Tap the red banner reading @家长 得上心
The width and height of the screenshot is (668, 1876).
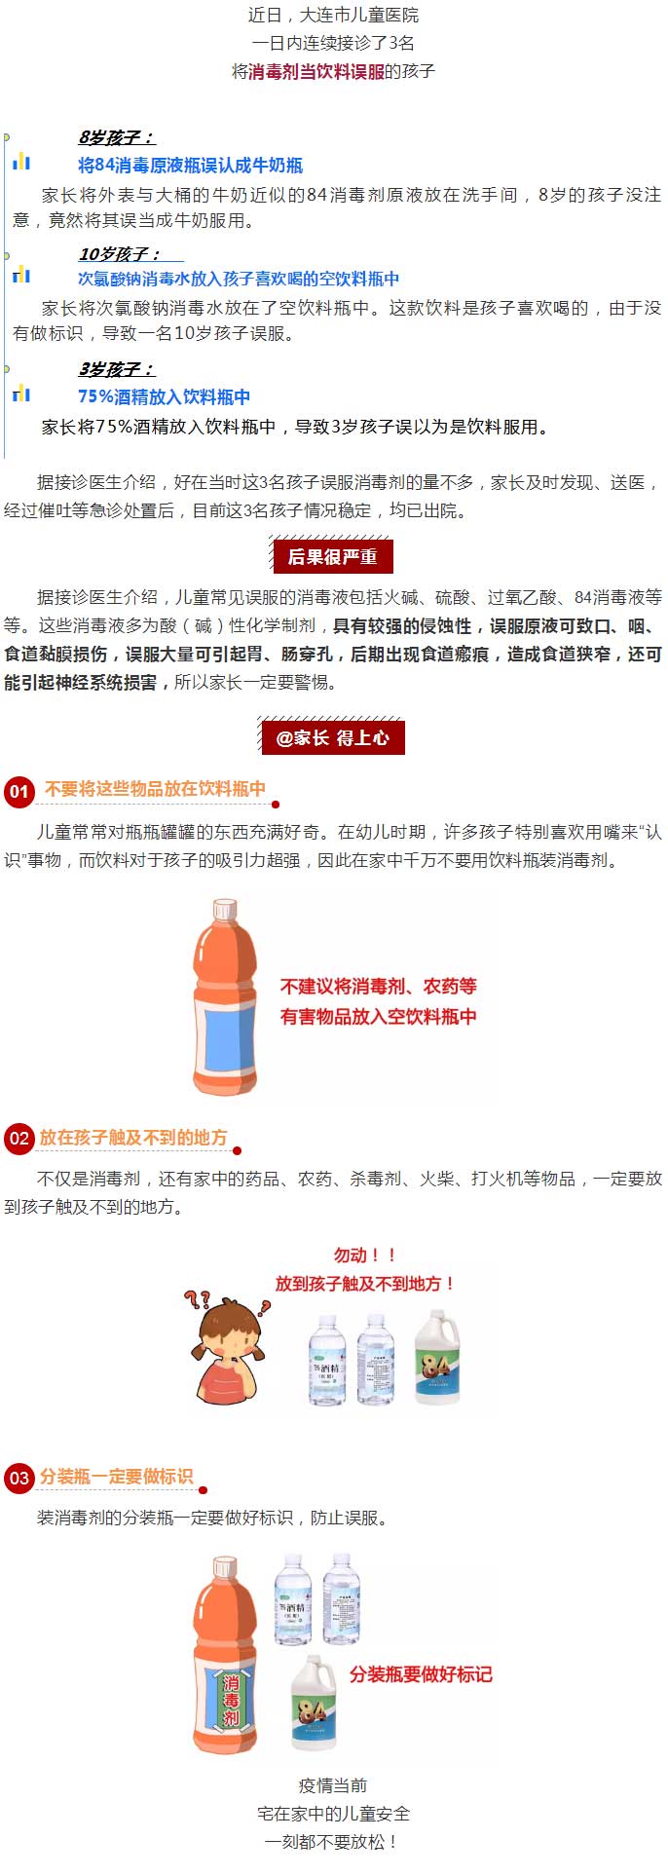pos(332,737)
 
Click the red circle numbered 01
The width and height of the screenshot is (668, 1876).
pos(19,790)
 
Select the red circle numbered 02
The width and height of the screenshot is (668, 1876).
pos(19,1139)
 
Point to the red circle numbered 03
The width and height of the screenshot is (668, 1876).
pos(19,1478)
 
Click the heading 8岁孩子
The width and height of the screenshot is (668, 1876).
pos(116,137)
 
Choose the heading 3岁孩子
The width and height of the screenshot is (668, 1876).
pos(116,369)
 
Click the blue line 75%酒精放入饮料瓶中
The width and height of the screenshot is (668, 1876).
pos(164,396)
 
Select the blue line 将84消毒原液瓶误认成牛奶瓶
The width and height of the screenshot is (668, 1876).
pos(190,166)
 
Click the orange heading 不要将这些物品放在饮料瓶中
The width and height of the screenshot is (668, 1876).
pos(155,788)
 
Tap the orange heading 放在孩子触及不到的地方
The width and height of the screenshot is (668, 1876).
pos(133,1137)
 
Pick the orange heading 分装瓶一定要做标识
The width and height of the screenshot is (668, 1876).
pos(117,1476)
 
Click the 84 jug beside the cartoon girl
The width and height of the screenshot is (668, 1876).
pos(435,1356)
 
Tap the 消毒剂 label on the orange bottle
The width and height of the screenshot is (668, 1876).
pos(231,1700)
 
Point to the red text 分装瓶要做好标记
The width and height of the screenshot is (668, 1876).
pos(421,1673)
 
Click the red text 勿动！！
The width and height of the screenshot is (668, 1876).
pos(365,1256)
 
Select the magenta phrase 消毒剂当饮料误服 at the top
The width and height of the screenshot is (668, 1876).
pos(316,71)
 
